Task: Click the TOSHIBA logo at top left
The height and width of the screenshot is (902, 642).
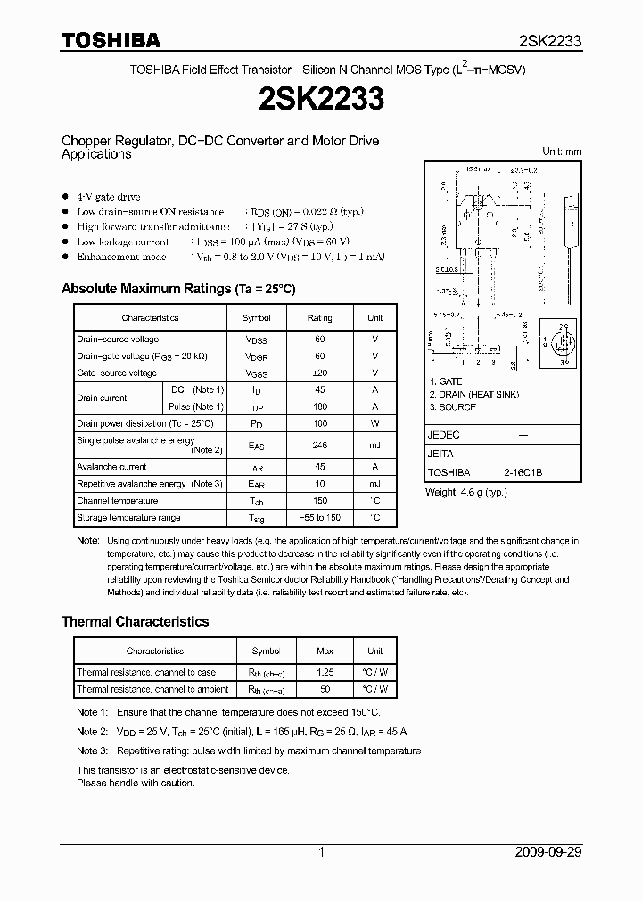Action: coord(111,40)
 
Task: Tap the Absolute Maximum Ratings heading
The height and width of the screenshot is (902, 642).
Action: coord(177,289)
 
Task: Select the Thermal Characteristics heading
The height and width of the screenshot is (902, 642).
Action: coord(135,621)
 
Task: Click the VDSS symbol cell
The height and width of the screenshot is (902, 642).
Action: coord(256,340)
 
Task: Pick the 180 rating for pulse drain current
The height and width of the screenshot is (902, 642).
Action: coord(319,406)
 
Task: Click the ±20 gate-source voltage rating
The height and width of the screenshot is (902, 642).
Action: coord(319,373)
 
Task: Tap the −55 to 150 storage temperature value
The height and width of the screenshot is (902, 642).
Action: coord(319,518)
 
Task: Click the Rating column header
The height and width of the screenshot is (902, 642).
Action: coord(319,317)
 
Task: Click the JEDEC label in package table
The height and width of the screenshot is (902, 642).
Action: coord(444,435)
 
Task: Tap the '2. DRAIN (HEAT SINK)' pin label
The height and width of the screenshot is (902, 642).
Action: coord(473,394)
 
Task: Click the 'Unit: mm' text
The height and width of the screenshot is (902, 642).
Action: coord(562,152)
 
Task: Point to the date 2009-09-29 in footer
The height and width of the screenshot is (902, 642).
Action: coord(548,852)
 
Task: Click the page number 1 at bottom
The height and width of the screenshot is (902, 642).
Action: coord(321,852)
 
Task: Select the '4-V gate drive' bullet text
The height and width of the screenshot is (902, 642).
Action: coord(108,196)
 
